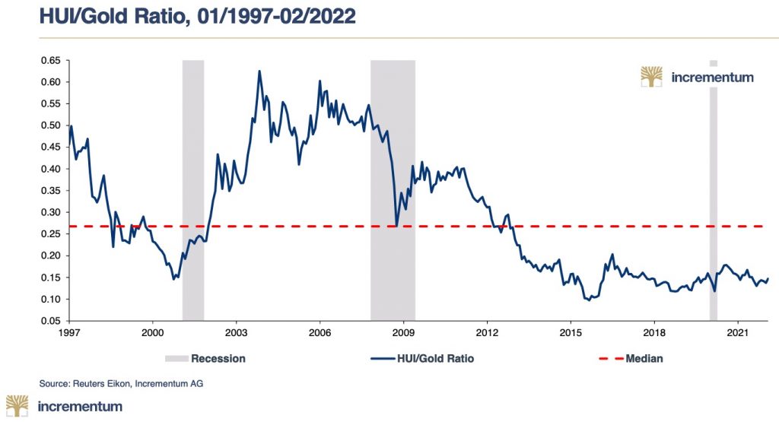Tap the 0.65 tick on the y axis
pyautogui.click(x=49, y=60)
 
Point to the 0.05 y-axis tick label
pyautogui.click(x=49, y=322)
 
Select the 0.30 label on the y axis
pyautogui.click(x=49, y=212)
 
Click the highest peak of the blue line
pyautogui.click(x=259, y=71)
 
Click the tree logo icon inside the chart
pyautogui.click(x=651, y=77)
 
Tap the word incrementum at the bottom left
pyautogui.click(x=80, y=406)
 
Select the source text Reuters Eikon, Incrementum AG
pyautogui.click(x=122, y=383)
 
